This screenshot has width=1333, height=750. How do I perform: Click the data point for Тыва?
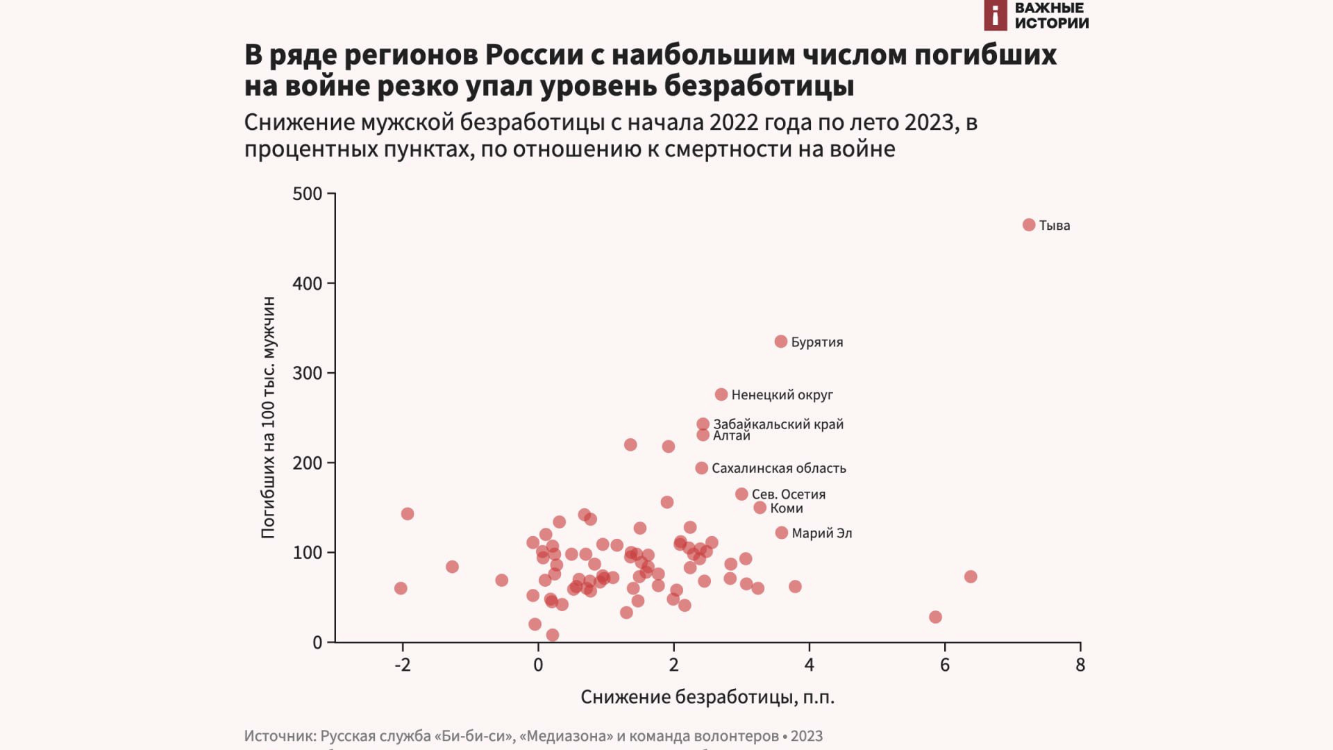coord(1029,225)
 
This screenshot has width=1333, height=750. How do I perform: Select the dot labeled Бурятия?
coord(781,342)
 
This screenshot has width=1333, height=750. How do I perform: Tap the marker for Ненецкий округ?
coord(721,394)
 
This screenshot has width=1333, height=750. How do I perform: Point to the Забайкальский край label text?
coord(778,424)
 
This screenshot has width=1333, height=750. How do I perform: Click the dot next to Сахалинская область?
coord(702,468)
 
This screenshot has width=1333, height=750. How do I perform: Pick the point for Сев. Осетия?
coord(741,494)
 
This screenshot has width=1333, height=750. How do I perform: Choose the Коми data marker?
coord(760,508)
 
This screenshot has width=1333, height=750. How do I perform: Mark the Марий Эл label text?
coord(822,533)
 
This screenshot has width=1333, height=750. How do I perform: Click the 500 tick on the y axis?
coord(308,194)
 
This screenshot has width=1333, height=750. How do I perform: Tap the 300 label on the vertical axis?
coord(308,373)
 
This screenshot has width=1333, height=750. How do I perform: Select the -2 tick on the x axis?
coord(403,665)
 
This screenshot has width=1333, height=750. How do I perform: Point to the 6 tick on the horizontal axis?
coord(945,665)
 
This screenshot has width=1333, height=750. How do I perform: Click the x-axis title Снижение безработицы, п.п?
coord(707,697)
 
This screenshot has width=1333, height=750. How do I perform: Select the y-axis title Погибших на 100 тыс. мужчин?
coord(269,417)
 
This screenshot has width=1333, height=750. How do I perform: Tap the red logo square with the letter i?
coord(995,15)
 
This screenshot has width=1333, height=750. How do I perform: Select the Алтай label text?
coord(732,436)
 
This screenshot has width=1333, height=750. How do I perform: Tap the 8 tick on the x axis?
coord(1080,665)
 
